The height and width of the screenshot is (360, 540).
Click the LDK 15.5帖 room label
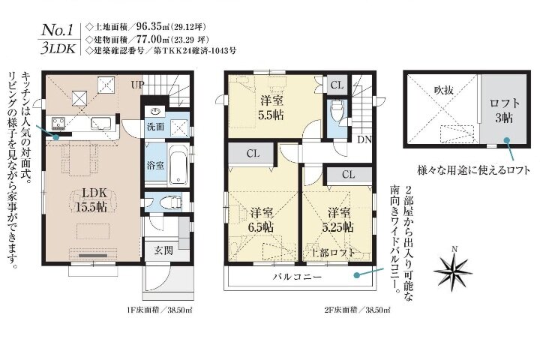pyautogui.click(x=91, y=199)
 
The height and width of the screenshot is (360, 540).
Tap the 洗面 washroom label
pyautogui.click(x=155, y=127)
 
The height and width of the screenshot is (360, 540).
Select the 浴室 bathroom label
pyautogui.click(x=155, y=165)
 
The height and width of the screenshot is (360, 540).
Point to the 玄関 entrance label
pyautogui.click(x=163, y=250)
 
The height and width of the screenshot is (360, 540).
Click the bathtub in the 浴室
pyautogui.click(x=178, y=165)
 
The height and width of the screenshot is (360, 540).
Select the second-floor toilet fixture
pyautogui.click(x=337, y=109)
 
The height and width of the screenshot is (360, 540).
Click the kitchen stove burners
pyautogui.click(x=59, y=123)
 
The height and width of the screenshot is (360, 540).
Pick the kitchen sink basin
pyautogui.click(x=101, y=123)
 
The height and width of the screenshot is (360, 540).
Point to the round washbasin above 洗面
pyautogui.click(x=155, y=112)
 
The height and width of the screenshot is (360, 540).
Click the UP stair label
pyautogui.click(x=137, y=85)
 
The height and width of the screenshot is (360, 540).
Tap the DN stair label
pyautogui.click(x=364, y=139)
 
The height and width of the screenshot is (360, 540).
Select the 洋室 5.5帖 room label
pyautogui.click(x=271, y=107)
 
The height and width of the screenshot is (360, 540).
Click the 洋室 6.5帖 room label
pyautogui.click(x=262, y=220)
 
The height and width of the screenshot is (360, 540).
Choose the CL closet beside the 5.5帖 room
pyautogui.click(x=337, y=85)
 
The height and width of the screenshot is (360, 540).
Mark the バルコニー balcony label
pyautogui.click(x=298, y=276)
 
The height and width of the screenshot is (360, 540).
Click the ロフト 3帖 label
pyautogui.click(x=504, y=110)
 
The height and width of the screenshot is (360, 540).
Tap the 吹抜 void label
pyautogui.click(x=443, y=90)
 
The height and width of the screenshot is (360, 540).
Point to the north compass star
pyautogui.click(x=453, y=271)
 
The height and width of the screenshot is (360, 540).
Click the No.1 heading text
pyautogui.click(x=57, y=30)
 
